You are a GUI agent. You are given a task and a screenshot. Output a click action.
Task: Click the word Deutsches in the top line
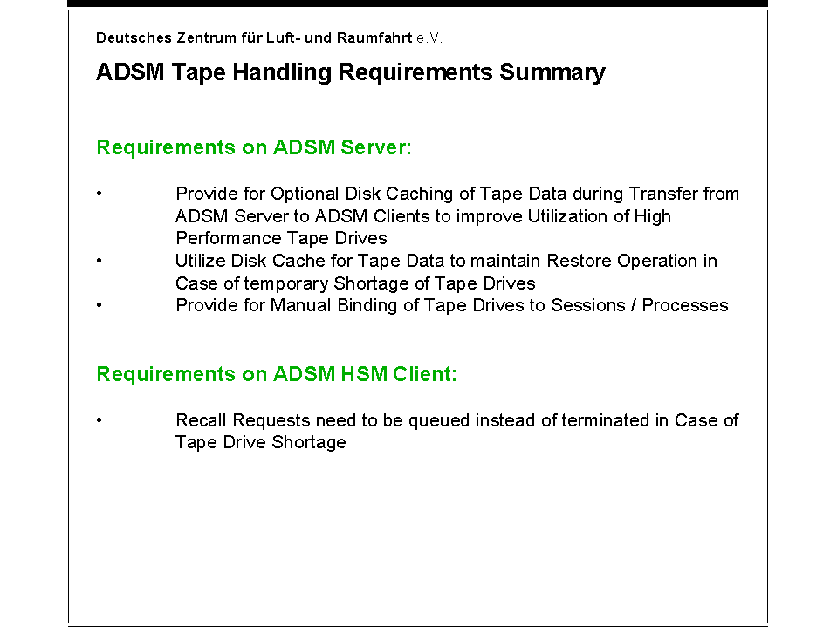pyautogui.click(x=134, y=37)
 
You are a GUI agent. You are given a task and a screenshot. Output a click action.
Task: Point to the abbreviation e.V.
pyautogui.click(x=429, y=38)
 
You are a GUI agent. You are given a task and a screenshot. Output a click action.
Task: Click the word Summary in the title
pyautogui.click(x=552, y=73)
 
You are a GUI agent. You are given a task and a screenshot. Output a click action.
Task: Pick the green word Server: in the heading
pyautogui.click(x=376, y=147)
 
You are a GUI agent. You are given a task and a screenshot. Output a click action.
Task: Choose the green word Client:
pyautogui.click(x=425, y=374)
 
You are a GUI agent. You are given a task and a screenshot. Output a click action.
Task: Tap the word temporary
pyautogui.click(x=286, y=283)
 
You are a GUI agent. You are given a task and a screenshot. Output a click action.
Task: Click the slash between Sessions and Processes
pyautogui.click(x=634, y=305)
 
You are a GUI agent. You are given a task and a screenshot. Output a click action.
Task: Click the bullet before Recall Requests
pyautogui.click(x=99, y=420)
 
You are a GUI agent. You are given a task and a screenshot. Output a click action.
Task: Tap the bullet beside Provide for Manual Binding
pyautogui.click(x=99, y=305)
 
